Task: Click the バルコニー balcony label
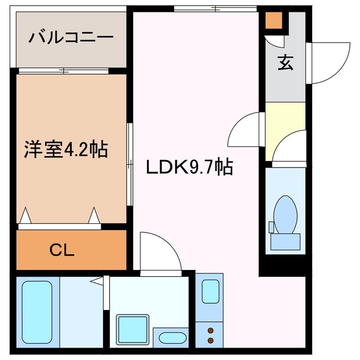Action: (71, 38)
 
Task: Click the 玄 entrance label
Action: (285, 63)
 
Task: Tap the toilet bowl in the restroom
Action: (285, 213)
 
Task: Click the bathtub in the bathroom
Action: (37, 310)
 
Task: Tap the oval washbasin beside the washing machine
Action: (172, 339)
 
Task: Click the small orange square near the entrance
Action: (274, 21)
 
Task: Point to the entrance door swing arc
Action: (322, 62)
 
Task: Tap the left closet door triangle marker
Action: (25, 215)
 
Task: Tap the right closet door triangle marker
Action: (94, 215)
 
